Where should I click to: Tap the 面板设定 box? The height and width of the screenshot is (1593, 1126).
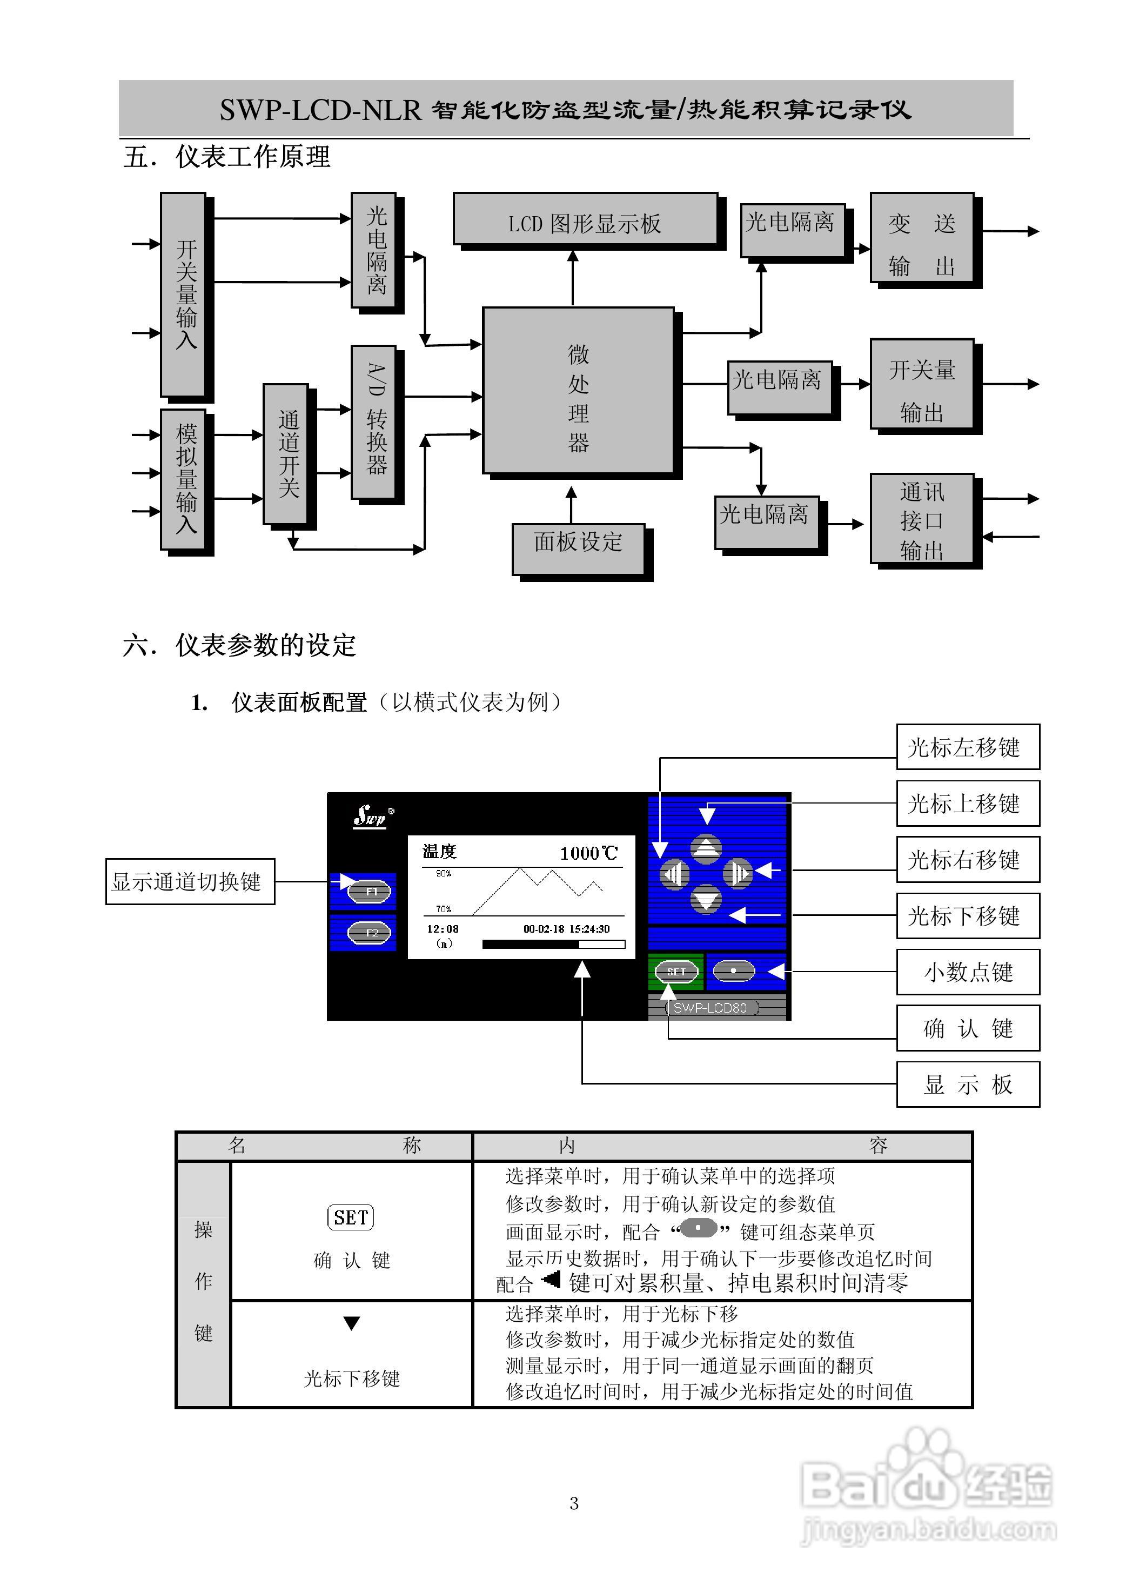(578, 549)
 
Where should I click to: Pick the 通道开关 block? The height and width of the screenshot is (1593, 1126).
(286, 454)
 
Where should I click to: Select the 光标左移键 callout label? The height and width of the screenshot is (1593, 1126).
(967, 747)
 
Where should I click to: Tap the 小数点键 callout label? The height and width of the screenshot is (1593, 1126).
(967, 972)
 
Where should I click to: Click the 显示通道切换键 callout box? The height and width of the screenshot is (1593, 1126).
(190, 881)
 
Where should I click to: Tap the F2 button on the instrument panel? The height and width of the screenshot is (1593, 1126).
(371, 933)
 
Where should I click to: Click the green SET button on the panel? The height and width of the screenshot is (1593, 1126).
(675, 972)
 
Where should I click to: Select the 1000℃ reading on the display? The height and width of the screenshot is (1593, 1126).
(588, 853)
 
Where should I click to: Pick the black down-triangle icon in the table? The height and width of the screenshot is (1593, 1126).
(352, 1323)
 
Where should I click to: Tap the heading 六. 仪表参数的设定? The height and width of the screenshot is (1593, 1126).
(239, 645)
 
